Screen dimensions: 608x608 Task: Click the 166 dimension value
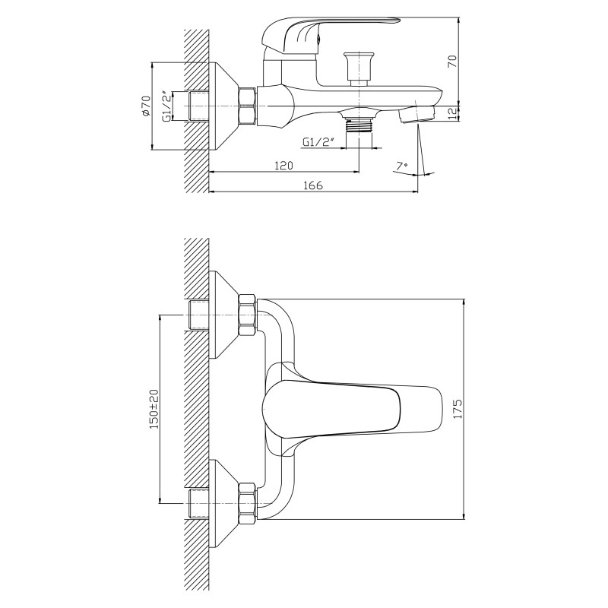[313, 185]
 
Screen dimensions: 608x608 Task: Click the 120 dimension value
[283, 166]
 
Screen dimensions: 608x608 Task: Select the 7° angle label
[402, 166]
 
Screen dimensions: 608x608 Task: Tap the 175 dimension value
[458, 408]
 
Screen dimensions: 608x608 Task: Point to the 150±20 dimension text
[154, 409]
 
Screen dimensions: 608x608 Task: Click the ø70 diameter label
[145, 106]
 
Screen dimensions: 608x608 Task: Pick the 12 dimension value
[452, 113]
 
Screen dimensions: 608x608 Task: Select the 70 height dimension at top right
[452, 62]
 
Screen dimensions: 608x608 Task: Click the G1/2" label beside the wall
[166, 106]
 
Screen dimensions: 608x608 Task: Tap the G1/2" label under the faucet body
[318, 142]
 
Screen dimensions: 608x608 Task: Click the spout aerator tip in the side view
[416, 116]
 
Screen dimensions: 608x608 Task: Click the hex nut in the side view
[248, 106]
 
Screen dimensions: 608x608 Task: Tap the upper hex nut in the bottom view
[248, 315]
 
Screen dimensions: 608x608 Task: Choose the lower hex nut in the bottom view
[248, 502]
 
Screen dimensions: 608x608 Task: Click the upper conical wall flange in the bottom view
[223, 315]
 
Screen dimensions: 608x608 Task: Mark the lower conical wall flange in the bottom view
[223, 502]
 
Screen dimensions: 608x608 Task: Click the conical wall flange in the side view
[224, 106]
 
